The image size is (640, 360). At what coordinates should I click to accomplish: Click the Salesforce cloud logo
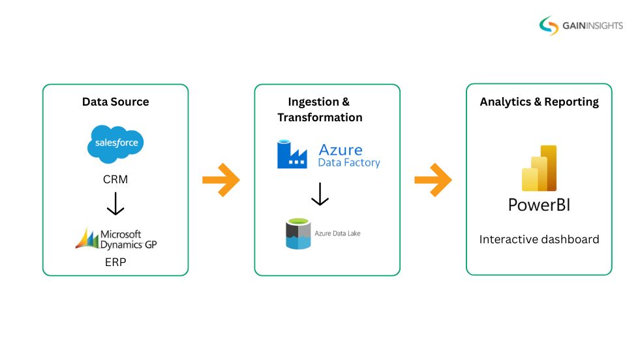(x=115, y=143)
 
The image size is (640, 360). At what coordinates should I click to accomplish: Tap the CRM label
(x=115, y=179)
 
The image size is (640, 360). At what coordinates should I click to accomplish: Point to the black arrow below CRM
(x=115, y=203)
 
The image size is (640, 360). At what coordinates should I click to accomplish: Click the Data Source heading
(x=115, y=102)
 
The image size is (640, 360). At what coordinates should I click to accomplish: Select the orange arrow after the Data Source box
(x=221, y=180)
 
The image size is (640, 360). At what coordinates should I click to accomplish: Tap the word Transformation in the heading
(x=320, y=117)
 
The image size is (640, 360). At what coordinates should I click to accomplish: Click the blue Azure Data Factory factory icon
(x=292, y=155)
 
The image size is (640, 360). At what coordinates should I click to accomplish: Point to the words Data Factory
(x=348, y=162)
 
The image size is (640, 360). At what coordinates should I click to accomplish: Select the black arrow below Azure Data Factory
(x=320, y=194)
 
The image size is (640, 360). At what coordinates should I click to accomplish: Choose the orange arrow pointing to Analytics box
(x=433, y=180)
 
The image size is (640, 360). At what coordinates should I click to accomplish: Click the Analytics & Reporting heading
(x=539, y=102)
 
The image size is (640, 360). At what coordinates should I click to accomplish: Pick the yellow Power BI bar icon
(x=539, y=168)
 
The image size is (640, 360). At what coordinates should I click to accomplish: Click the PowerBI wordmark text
(x=539, y=205)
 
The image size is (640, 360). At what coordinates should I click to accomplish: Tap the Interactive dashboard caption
(x=539, y=239)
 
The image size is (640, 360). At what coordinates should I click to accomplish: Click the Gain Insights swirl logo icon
(x=549, y=25)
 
